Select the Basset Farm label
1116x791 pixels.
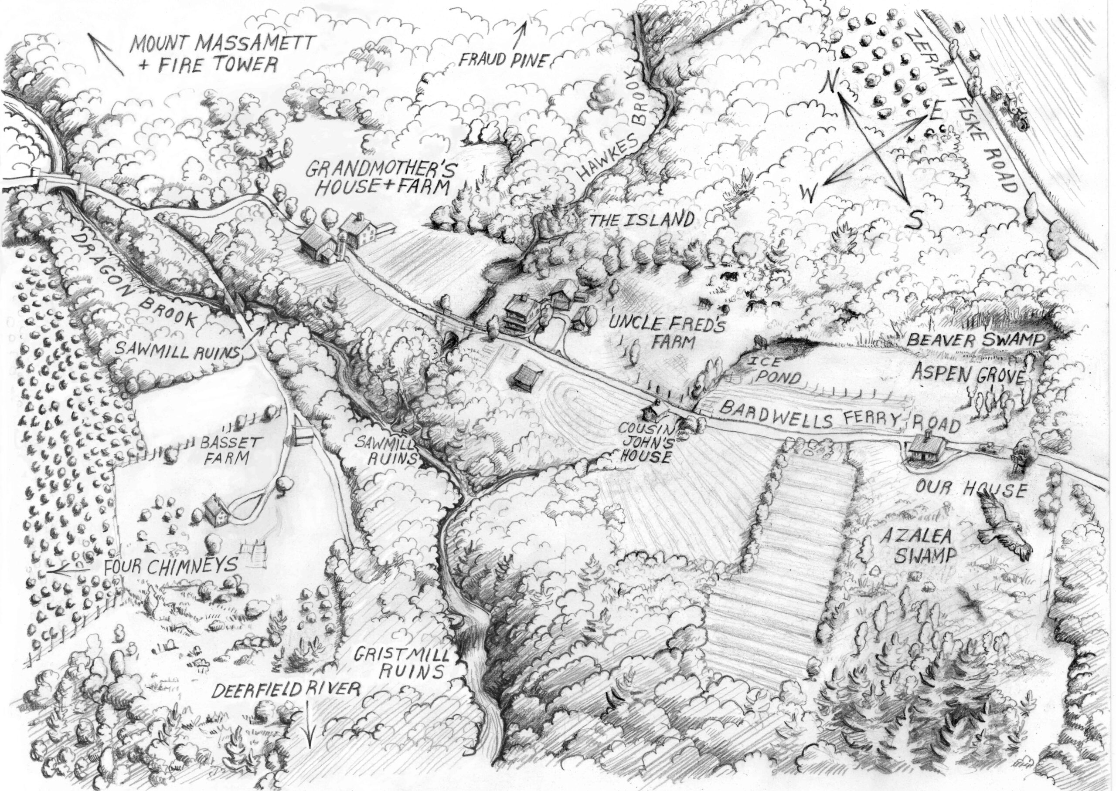225,449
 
